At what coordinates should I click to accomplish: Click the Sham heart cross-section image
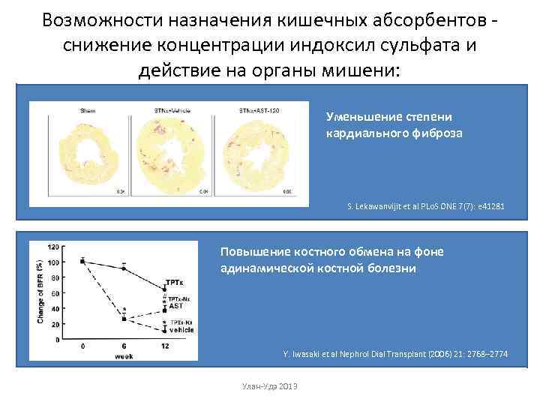78,156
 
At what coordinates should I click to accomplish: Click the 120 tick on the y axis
54,247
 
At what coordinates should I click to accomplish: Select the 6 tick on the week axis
124,346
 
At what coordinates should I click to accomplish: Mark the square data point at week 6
124,319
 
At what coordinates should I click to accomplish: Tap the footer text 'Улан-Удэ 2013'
270,385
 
